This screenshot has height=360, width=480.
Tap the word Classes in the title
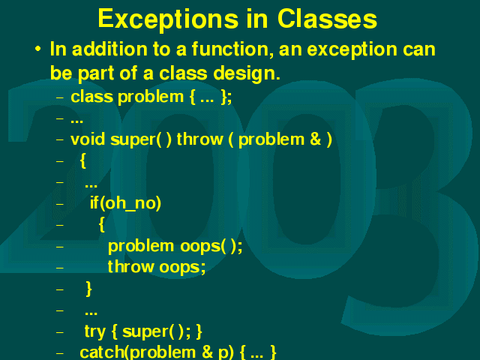(x=327, y=19)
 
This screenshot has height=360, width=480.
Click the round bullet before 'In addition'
(x=37, y=49)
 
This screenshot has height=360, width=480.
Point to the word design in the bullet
(x=247, y=74)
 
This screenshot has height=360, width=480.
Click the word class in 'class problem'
(x=91, y=97)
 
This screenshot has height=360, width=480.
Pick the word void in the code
(x=88, y=139)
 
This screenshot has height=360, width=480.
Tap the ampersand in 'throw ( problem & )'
(x=315, y=139)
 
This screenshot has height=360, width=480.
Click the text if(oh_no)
(x=125, y=203)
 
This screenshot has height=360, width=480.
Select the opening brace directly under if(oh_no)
(x=102, y=225)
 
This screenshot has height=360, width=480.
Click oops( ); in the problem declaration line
(x=211, y=246)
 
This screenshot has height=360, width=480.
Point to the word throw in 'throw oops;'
(x=130, y=267)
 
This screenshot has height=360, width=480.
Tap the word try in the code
(x=95, y=331)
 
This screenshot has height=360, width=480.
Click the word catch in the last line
(x=102, y=352)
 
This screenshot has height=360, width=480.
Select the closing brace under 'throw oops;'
(x=88, y=289)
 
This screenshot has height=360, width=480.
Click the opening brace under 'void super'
(x=82, y=160)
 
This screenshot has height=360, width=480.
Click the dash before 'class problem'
(x=60, y=97)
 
